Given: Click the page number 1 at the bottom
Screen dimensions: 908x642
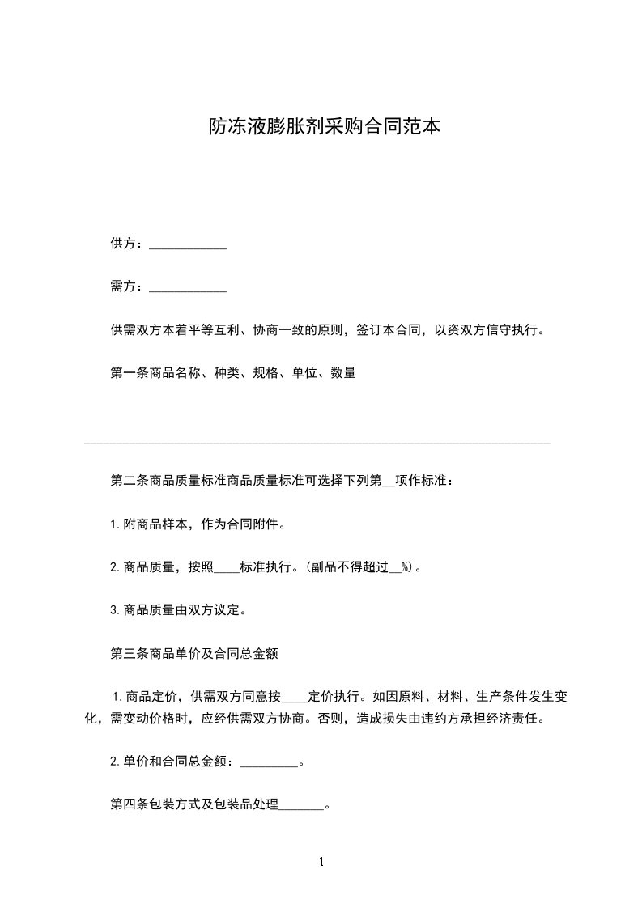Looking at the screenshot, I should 321,863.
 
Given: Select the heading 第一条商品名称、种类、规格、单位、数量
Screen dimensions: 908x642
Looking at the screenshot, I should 233,373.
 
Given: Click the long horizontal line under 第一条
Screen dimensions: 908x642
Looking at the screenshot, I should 317,443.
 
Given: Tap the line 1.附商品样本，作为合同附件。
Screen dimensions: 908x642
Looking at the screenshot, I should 198,524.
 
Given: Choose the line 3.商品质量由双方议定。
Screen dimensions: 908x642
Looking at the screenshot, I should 178,610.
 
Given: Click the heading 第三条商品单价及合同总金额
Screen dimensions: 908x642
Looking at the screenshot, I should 194,653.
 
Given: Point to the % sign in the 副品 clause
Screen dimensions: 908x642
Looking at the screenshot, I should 406,567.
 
